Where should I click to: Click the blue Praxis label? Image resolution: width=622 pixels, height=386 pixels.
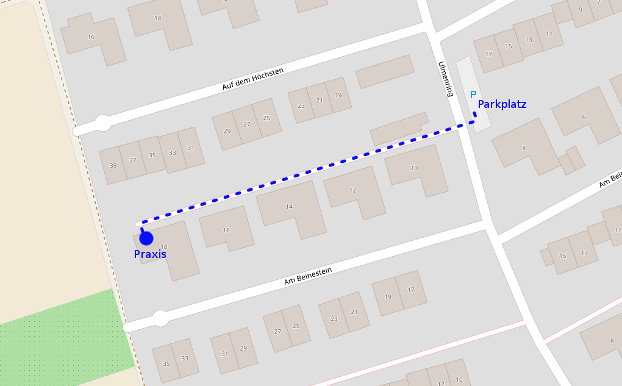coord(150,254)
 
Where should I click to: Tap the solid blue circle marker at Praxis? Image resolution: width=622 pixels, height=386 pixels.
coord(146,238)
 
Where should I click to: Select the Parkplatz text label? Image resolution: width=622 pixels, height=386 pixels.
coord(502,104)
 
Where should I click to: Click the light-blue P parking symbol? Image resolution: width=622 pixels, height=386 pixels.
coord(473,95)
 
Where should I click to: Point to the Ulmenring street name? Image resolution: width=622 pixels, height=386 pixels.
coord(446,79)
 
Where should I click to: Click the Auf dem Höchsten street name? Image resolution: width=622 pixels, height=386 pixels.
coord(252,79)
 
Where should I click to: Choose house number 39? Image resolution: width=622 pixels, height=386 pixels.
coord(113,166)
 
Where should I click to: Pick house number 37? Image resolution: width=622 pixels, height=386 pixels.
coord(132,160)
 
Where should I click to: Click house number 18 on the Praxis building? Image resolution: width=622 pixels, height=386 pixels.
coord(163,246)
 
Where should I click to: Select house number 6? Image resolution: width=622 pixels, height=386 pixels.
coord(584,117)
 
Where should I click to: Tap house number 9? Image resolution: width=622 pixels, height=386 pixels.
coord(580,9)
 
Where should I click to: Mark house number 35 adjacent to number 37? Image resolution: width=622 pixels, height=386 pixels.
coord(152,155)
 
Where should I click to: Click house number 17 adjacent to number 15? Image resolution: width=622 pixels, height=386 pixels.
coord(488,54)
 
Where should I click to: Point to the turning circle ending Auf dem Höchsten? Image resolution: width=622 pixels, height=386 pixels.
coord(103,124)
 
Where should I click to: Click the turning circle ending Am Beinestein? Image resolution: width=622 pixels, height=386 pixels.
coord(160,318)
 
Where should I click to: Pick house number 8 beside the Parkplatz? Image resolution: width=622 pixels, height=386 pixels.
coord(523,148)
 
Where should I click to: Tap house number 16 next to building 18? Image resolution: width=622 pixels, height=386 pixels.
coord(226,231)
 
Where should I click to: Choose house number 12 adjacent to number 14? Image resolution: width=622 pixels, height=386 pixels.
coord(352,190)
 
